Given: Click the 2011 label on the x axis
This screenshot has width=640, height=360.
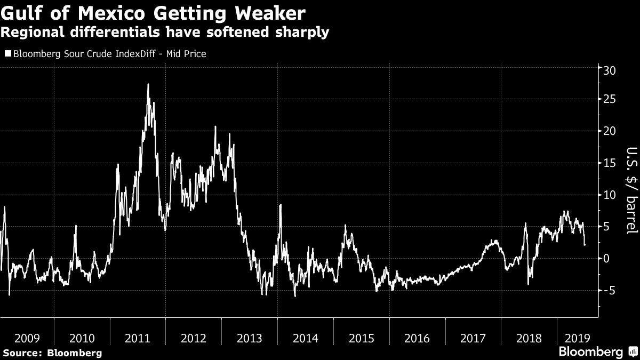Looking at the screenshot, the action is coord(138,338).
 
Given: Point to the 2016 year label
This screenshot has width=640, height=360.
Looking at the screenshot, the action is coord(417,338).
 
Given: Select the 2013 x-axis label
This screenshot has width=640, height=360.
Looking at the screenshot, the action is coord(250,338).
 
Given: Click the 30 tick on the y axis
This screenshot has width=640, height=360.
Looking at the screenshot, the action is coord(610,70).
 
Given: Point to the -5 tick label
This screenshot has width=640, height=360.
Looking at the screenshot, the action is coord(610,291).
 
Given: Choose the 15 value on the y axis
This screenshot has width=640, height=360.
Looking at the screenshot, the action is coord(610,163).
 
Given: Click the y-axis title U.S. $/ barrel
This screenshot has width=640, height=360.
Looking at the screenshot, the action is coord(632,190).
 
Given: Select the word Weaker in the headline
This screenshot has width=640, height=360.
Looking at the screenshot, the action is coord(270,13).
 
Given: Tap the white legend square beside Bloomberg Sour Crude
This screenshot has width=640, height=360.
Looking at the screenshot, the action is coord(8,53).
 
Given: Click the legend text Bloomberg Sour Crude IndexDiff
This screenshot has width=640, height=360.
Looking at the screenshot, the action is coord(84,54).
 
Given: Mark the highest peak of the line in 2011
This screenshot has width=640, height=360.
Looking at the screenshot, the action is coord(148,84).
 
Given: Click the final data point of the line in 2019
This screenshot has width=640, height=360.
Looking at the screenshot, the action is coord(585,245).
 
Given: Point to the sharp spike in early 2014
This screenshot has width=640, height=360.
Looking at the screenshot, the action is coord(281,205).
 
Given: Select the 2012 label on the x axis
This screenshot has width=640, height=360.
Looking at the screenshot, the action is coord(194,338).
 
